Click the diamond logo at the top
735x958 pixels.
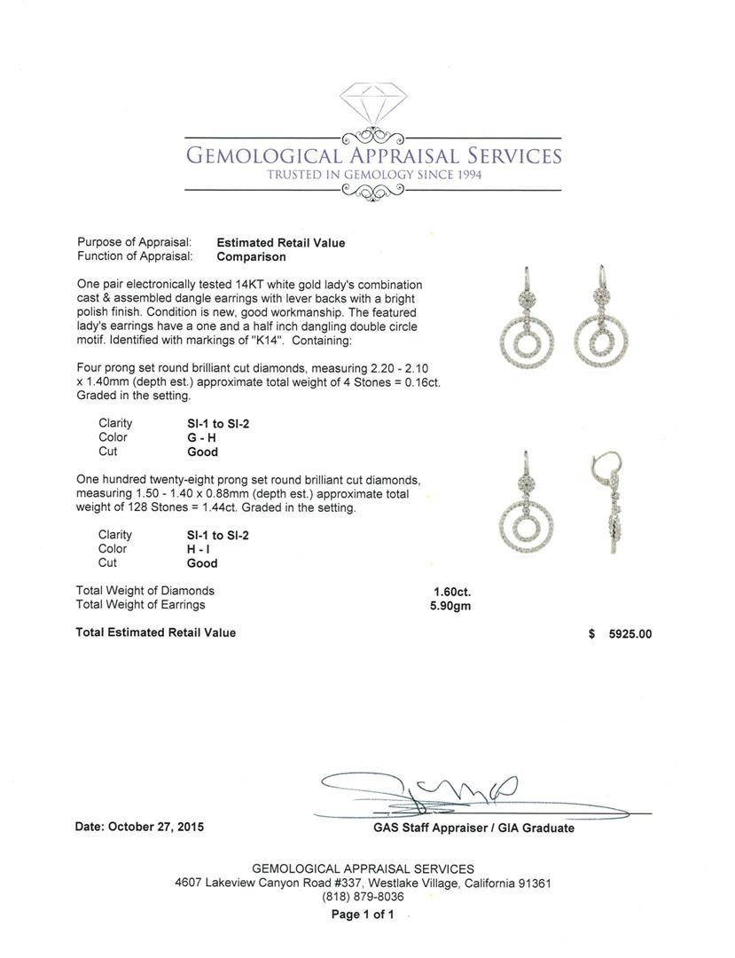pos(372,105)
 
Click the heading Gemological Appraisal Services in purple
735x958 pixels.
pos(372,156)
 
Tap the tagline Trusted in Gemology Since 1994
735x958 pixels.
pos(374,175)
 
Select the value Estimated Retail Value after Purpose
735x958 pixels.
pos(281,242)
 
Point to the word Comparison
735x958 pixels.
pos(252,256)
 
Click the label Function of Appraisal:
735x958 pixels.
pos(135,256)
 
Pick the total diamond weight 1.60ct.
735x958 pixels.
pos(452,591)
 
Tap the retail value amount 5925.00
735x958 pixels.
pos(629,634)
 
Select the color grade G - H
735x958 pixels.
pos(197,437)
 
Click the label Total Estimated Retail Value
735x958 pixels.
pos(156,632)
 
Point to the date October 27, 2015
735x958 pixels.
pos(140,827)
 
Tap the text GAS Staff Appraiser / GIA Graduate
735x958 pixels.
pos(473,828)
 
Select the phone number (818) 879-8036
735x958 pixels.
pos(363,897)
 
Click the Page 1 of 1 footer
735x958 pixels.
pos(363,915)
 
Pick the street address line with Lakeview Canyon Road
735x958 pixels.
pos(363,883)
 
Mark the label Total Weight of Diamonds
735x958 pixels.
pos(145,591)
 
